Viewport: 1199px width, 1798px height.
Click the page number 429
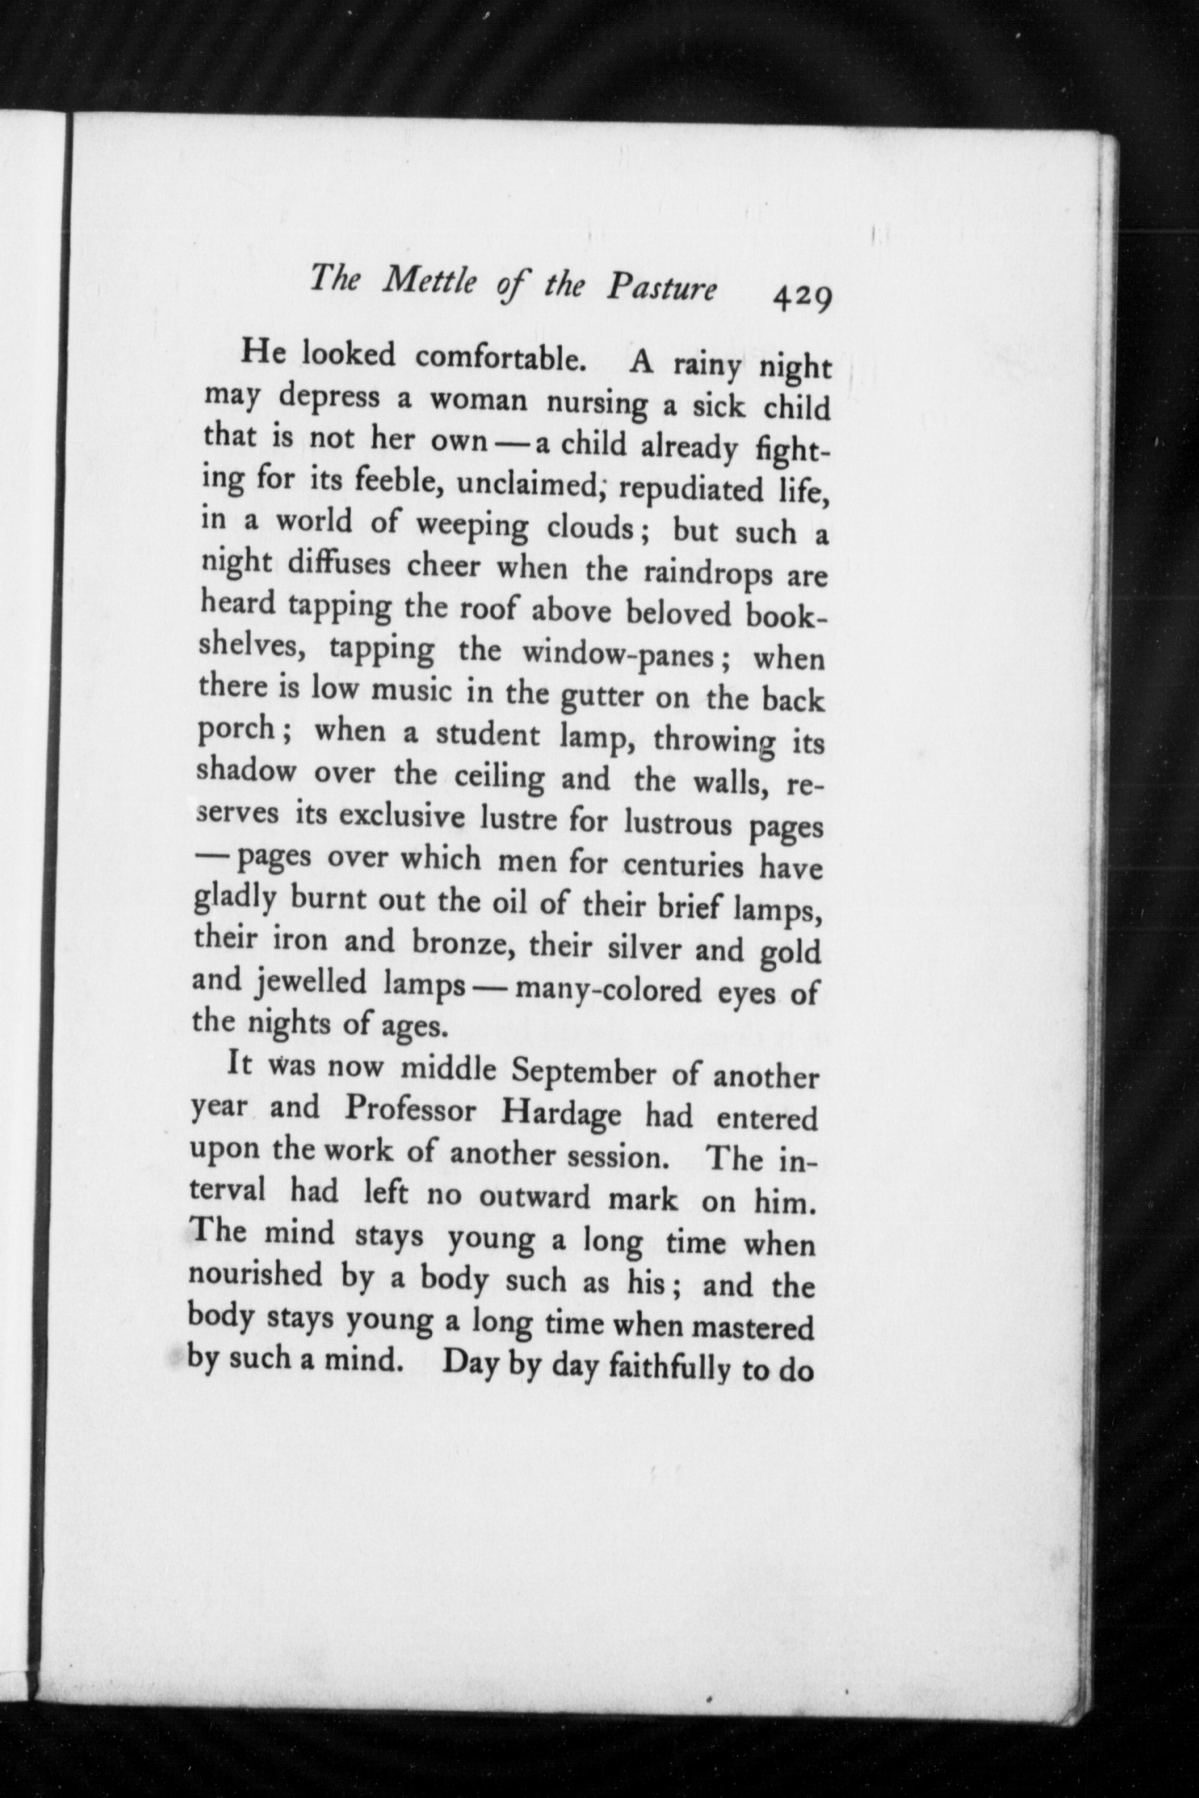click(x=801, y=297)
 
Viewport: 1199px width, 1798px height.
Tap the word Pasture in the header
click(x=662, y=289)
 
